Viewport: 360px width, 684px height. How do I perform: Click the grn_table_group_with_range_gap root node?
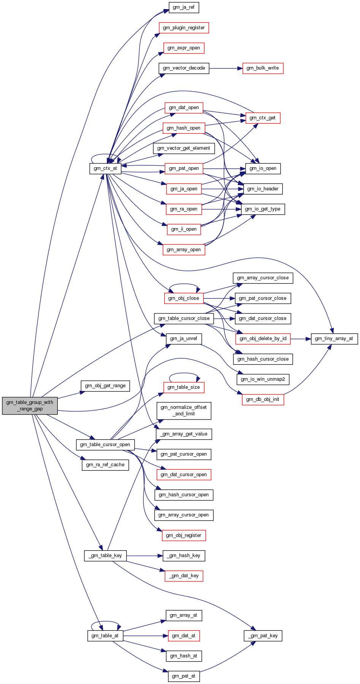(30, 405)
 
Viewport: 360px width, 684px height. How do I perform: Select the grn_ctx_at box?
(105, 168)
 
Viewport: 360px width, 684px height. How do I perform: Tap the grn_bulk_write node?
(263, 68)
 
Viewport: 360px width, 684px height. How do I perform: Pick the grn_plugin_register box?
(184, 28)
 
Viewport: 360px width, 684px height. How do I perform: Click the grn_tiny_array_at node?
(334, 339)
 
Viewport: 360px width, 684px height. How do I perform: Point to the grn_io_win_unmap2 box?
(263, 379)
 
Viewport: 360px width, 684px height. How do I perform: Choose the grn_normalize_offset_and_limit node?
(184, 410)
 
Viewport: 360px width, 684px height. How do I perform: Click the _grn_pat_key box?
(263, 636)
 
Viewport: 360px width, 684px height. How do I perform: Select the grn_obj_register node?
(184, 535)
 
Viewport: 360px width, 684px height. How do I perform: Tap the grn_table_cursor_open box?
(105, 445)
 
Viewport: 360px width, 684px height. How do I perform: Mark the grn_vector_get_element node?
(184, 148)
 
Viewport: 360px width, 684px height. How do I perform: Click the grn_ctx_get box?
(263, 118)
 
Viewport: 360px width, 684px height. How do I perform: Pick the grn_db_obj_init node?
(263, 399)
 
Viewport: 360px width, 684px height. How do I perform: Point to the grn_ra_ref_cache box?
(105, 465)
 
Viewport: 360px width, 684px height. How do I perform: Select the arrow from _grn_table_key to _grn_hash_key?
(144, 556)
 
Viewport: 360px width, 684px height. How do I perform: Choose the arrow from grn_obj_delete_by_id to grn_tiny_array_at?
(301, 339)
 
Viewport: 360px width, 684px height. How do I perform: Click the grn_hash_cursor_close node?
(263, 359)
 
